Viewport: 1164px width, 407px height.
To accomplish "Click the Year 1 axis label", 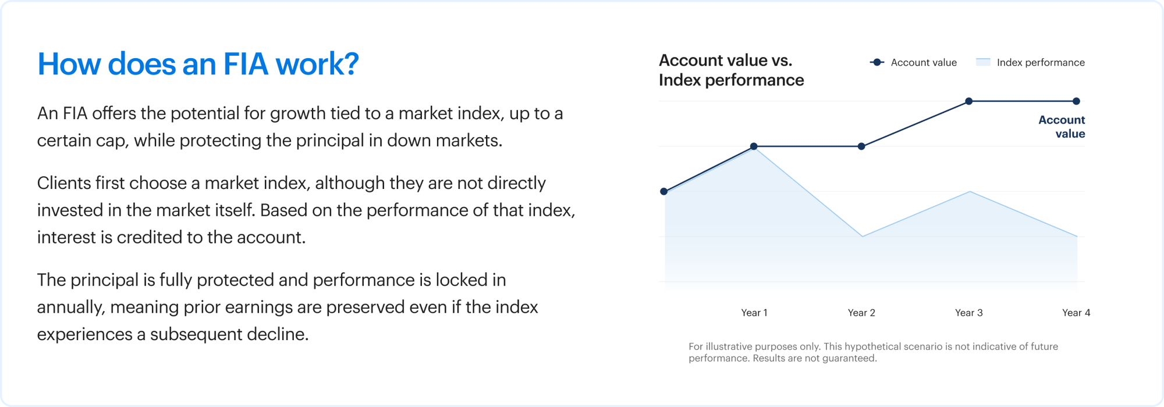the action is [x=754, y=313].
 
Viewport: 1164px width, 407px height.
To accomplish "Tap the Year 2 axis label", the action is [x=861, y=313].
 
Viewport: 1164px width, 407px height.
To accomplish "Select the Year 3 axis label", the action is [x=969, y=313].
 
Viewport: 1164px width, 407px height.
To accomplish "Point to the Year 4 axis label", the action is [x=1076, y=313].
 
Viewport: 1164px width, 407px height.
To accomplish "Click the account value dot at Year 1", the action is [x=754, y=147].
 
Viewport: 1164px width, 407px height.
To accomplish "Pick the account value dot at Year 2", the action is [x=861, y=147].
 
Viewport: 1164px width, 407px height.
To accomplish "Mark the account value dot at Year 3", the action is [x=969, y=101].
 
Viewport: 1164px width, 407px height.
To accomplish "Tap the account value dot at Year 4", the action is [x=1076, y=101].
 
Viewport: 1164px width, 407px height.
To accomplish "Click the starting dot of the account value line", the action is [x=664, y=191].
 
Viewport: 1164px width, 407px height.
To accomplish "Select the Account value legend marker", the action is [x=877, y=62].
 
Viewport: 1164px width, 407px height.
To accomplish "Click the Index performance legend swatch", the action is [x=983, y=62].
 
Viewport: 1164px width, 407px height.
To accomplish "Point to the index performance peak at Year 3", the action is [x=970, y=192].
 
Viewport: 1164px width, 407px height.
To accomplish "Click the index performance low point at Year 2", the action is [x=862, y=236].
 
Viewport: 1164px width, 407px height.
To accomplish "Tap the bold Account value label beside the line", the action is [x=1062, y=127].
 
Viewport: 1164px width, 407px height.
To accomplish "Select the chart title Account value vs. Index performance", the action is [x=731, y=70].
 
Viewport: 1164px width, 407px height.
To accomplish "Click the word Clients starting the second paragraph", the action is [x=64, y=183].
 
